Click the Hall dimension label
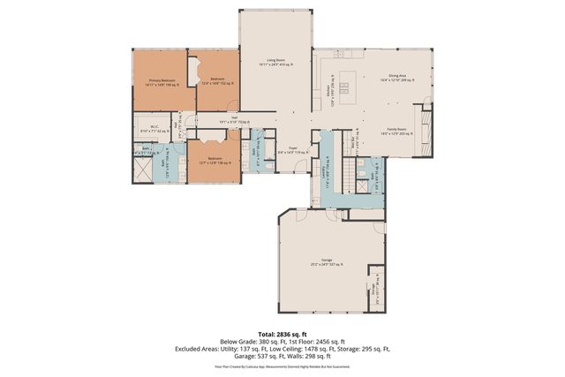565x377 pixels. pyautogui.click(x=235, y=120)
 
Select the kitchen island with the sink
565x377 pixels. pyautogui.click(x=345, y=87)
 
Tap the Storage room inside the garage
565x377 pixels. pyautogui.click(x=375, y=287)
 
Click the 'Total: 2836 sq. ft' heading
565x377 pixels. pyautogui.click(x=282, y=334)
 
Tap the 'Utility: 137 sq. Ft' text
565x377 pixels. pyautogui.click(x=245, y=348)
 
